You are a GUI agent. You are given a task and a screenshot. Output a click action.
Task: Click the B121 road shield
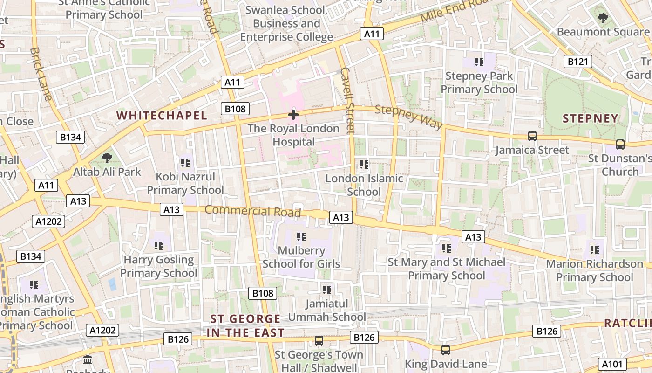pos(577,62)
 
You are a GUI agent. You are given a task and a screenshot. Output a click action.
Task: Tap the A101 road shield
pos(612,364)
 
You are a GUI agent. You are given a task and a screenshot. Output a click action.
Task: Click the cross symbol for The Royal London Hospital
pos(293,114)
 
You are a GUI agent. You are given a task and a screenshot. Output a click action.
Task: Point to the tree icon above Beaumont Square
pos(603,18)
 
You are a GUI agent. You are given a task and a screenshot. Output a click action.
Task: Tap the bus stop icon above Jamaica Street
pos(532,136)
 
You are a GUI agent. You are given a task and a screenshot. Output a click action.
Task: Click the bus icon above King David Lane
pos(446,350)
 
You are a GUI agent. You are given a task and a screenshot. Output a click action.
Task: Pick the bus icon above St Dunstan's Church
pos(620,145)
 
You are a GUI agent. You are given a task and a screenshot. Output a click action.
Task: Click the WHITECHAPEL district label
pos(162,116)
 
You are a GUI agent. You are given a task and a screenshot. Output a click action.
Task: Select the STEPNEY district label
pos(590,118)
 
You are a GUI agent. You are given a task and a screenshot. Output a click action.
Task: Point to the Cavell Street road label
pos(348,100)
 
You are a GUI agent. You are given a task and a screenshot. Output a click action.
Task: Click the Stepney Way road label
pos(408,116)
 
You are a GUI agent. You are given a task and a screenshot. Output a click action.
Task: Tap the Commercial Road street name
pos(252,211)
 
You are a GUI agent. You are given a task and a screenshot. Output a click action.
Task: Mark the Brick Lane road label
pos(41,74)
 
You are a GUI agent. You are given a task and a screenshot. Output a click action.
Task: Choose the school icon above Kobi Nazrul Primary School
pos(185,163)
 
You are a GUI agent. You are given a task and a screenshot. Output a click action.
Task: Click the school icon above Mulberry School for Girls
pos(301,237)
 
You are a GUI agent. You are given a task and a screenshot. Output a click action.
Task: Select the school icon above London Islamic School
pos(364,164)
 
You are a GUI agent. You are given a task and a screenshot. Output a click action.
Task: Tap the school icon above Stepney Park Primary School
pos(479,62)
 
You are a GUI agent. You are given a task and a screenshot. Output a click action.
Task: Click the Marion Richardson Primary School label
pos(594,270)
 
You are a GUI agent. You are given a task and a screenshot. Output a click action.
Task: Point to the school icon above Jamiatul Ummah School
pos(327,290)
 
